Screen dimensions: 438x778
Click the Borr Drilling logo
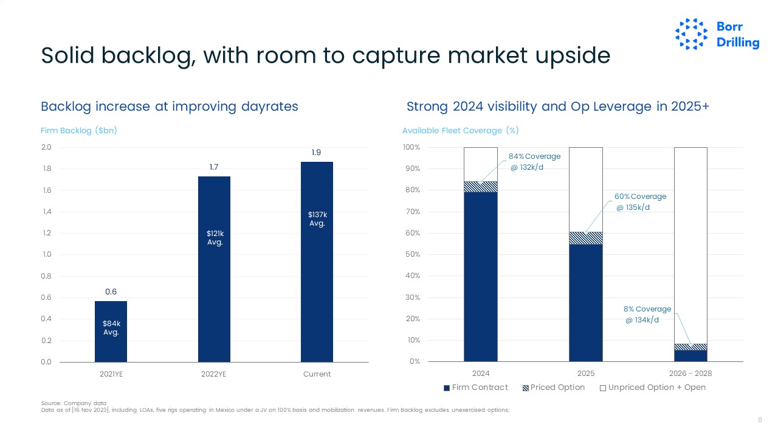point(717,34)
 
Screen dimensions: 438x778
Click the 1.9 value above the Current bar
point(317,153)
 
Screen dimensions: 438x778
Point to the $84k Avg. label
point(111,328)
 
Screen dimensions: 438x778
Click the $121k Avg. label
point(215,238)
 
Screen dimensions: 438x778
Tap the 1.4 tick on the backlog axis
point(46,212)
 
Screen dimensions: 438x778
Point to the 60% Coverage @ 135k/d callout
point(640,202)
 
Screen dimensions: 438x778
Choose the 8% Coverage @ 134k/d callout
point(647,315)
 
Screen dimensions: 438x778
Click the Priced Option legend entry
point(554,388)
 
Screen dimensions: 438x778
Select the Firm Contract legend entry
point(476,388)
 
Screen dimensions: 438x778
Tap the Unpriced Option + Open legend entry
point(653,388)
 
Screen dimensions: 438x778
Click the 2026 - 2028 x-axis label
point(691,374)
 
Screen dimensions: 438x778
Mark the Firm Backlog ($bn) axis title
point(78,131)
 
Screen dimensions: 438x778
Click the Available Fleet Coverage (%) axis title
point(460,131)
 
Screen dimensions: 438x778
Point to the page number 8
point(760,420)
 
